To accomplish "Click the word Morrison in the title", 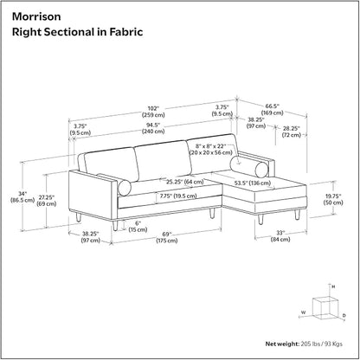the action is pyautogui.click(x=36, y=16).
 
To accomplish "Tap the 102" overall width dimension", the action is pyautogui.click(x=153, y=112).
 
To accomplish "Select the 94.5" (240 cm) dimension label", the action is pyautogui.click(x=153, y=128).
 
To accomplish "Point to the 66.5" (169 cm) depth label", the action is pyautogui.click(x=273, y=110).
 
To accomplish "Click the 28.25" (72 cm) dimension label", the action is pyautogui.click(x=292, y=132).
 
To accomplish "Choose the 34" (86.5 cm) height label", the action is pyautogui.click(x=22, y=196).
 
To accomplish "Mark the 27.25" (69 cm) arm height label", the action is pyautogui.click(x=47, y=201).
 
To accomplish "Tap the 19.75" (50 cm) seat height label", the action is pyautogui.click(x=333, y=199).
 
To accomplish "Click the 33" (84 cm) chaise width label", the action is pyautogui.click(x=280, y=236).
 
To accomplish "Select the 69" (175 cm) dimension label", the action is pyautogui.click(x=167, y=237).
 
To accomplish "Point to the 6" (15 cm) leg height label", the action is pyautogui.click(x=138, y=227).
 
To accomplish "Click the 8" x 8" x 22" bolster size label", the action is pyautogui.click(x=210, y=149).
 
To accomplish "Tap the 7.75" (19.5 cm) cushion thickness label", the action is pyautogui.click(x=178, y=196).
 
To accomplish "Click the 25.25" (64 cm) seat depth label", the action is pyautogui.click(x=185, y=182).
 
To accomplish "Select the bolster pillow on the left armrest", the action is pyautogui.click(x=125, y=188).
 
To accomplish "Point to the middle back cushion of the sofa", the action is pyautogui.click(x=164, y=160).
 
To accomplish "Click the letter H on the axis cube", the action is pyautogui.click(x=333, y=286).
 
